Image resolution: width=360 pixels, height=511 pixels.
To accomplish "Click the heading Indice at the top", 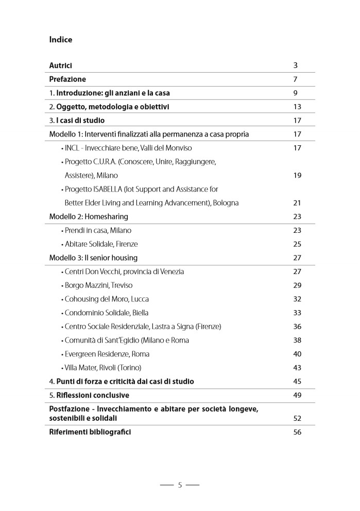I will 61,40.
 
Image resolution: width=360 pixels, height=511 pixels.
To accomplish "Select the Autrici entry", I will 60,65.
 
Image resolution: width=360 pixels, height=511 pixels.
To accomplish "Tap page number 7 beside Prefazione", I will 296,79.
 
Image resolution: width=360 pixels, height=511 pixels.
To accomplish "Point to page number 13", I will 297,107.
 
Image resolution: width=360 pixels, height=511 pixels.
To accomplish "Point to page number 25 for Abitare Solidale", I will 297,244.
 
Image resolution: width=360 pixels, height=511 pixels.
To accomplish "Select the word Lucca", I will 140,299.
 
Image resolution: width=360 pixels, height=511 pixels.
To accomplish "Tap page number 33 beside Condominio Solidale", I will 297,313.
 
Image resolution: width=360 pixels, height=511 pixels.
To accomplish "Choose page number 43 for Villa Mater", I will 297,368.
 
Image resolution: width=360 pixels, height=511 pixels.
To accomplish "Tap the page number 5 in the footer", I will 180,485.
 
